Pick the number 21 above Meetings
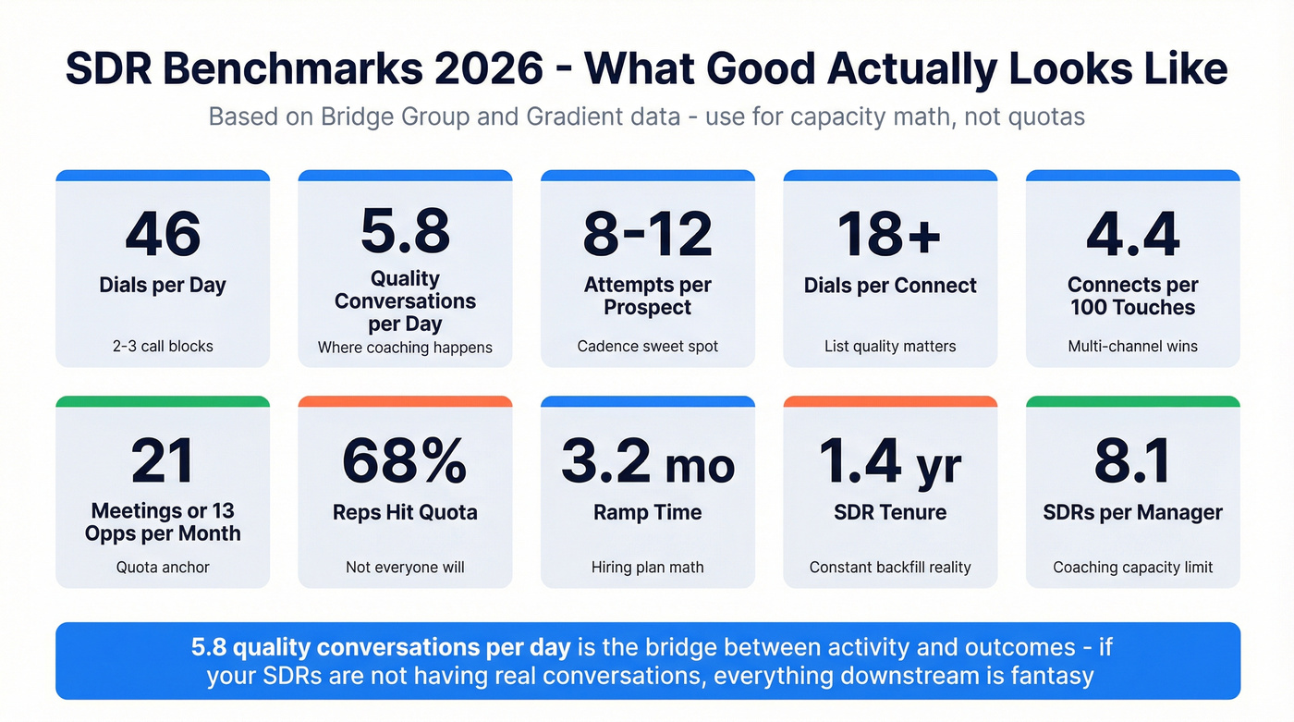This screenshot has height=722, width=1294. (x=163, y=460)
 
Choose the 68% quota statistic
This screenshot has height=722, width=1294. (x=405, y=460)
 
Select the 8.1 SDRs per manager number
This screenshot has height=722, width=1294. (x=1132, y=460)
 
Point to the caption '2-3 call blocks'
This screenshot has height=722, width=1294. (x=163, y=347)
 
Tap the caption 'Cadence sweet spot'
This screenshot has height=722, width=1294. (x=647, y=347)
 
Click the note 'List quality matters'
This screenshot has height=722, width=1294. (x=890, y=347)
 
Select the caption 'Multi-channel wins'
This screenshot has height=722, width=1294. (x=1132, y=347)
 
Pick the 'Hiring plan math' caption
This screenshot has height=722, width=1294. (x=647, y=568)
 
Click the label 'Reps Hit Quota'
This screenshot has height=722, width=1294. (x=405, y=512)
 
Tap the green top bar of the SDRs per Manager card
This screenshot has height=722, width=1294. (x=1132, y=402)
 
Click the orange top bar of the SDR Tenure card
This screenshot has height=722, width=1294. (x=890, y=402)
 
